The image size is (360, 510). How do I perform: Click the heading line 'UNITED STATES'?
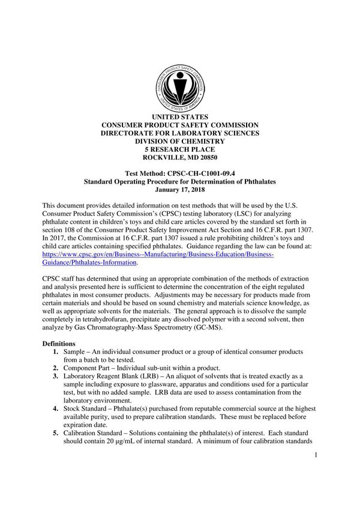pos(180,116)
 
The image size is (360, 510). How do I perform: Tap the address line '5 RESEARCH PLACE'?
pos(180,149)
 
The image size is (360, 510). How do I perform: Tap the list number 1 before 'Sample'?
pos(55,352)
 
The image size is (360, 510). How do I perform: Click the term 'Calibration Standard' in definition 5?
pos(96,433)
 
